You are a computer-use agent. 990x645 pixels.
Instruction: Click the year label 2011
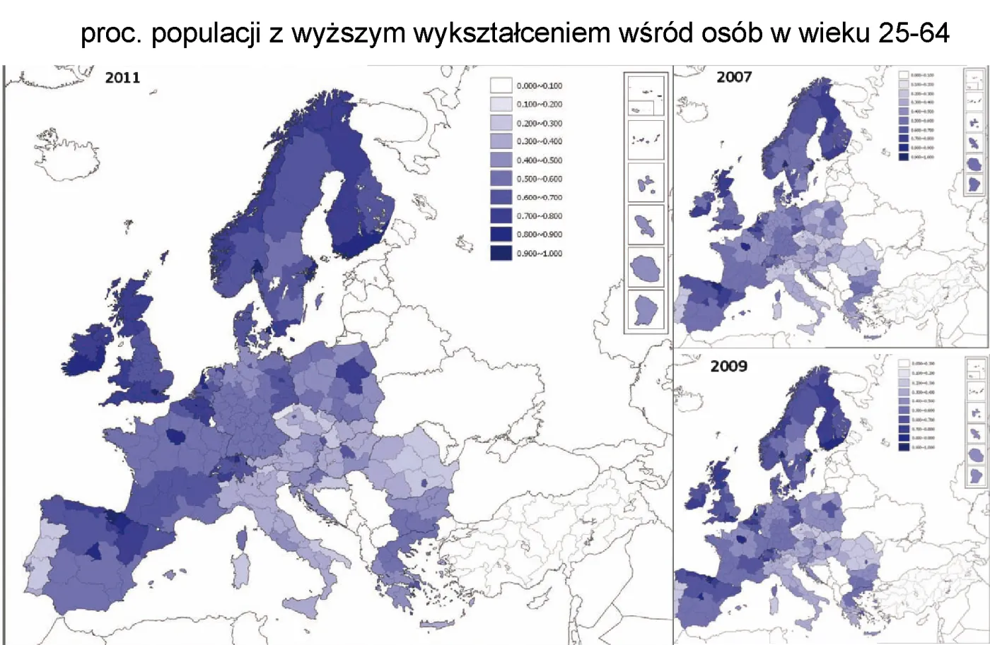pyautogui.click(x=122, y=78)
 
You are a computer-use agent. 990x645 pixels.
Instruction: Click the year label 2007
pyautogui.click(x=734, y=77)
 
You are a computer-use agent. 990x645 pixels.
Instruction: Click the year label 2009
pyautogui.click(x=728, y=366)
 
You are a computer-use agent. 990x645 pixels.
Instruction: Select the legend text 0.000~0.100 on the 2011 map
pyautogui.click(x=540, y=85)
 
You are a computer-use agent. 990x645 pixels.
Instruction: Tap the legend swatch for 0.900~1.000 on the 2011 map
pyautogui.click(x=501, y=252)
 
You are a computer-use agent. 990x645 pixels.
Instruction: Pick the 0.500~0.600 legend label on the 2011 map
pyautogui.click(x=540, y=179)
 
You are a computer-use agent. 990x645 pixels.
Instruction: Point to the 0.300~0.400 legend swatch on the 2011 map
pyautogui.click(x=501, y=141)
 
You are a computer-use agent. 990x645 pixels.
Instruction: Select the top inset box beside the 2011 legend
pyautogui.click(x=646, y=95)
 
